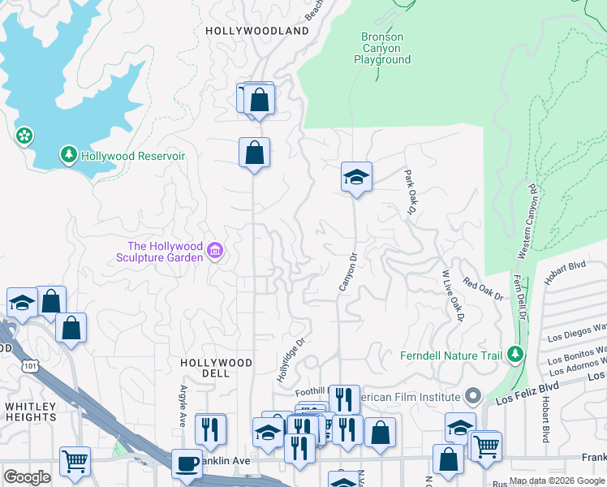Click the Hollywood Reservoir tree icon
[x=69, y=154]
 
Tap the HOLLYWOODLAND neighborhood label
[x=257, y=31]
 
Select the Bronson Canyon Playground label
[x=381, y=48]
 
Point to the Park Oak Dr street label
[x=410, y=192]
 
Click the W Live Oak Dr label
[x=451, y=295]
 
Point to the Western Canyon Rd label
[x=526, y=222]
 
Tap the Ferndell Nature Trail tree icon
[x=514, y=355]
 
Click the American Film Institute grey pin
[x=473, y=397]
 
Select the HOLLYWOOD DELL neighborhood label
[x=216, y=368]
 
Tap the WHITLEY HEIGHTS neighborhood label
[x=30, y=412]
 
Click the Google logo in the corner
[x=28, y=477]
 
